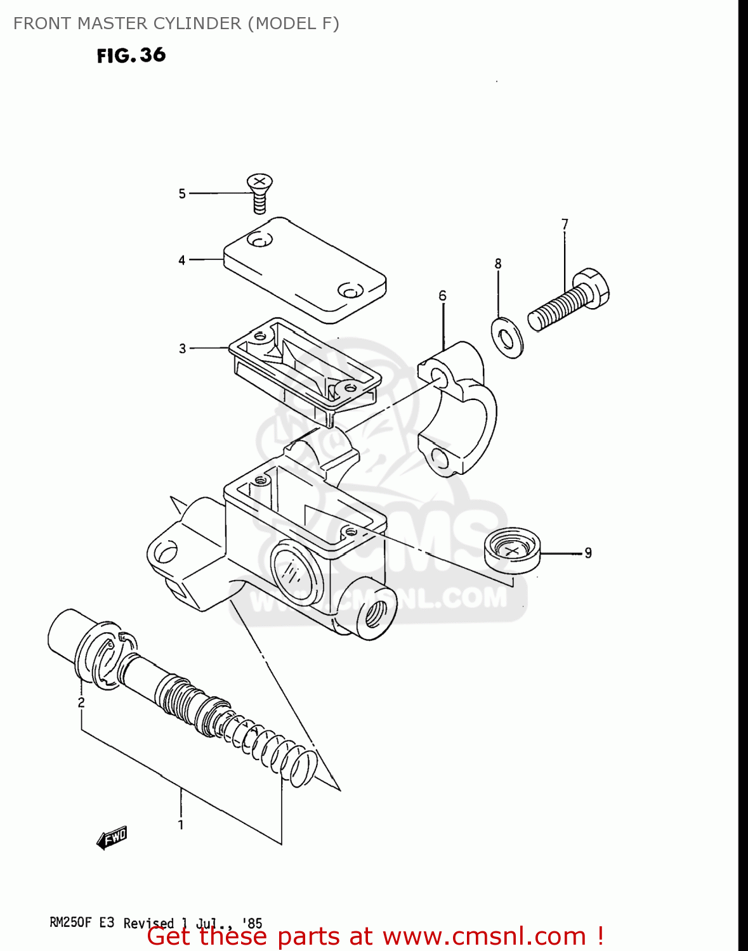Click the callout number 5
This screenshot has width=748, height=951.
pyautogui.click(x=182, y=193)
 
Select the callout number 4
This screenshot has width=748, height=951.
pyautogui.click(x=182, y=260)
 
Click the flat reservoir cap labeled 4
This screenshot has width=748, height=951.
pyautogui.click(x=305, y=269)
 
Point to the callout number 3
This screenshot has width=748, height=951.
pyautogui.click(x=183, y=349)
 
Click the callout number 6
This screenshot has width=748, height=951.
pyautogui.click(x=442, y=295)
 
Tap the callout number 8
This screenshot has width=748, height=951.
pyautogui.click(x=498, y=263)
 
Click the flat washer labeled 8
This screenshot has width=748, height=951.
pyautogui.click(x=508, y=338)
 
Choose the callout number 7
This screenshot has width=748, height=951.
pyautogui.click(x=565, y=224)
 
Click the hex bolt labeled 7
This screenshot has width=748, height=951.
pyautogui.click(x=568, y=302)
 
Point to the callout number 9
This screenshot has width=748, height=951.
pyautogui.click(x=588, y=553)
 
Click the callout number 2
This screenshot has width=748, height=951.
pyautogui.click(x=81, y=702)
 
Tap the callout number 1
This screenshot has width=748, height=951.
pyautogui.click(x=181, y=824)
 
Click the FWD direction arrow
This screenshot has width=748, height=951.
pyautogui.click(x=112, y=838)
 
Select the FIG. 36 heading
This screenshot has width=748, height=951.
pyautogui.click(x=131, y=55)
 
